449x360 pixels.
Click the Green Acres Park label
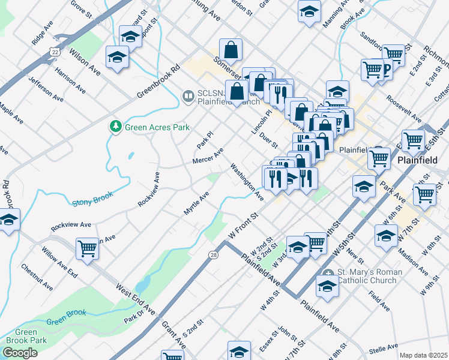[x=157, y=127]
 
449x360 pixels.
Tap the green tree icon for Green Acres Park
[x=115, y=127]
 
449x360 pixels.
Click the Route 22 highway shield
[x=55, y=52]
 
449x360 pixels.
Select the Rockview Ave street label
[x=71, y=225]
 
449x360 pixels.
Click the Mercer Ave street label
[x=208, y=155]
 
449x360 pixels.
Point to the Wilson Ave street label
[x=84, y=61]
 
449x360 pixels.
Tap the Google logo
[x=20, y=353]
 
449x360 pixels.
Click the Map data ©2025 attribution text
[x=423, y=355]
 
